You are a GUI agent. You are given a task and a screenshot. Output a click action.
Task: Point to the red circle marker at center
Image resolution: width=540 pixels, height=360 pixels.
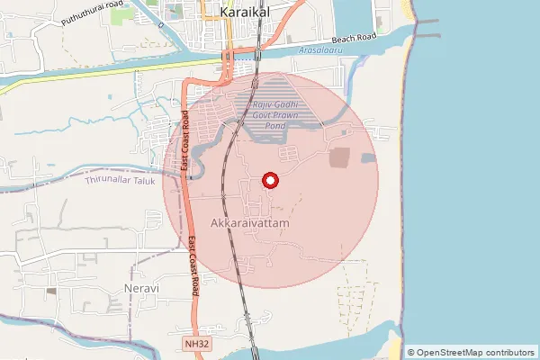click(270, 180)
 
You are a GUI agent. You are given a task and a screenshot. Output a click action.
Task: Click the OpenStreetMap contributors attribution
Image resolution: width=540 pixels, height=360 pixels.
click(471, 352)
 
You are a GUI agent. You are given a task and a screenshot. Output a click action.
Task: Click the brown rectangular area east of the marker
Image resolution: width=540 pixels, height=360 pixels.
click(342, 157)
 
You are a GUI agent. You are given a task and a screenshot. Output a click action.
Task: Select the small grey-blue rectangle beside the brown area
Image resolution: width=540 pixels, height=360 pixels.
click(369, 158)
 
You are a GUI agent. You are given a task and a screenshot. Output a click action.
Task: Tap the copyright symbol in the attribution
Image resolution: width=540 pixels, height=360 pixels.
click(411, 352)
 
